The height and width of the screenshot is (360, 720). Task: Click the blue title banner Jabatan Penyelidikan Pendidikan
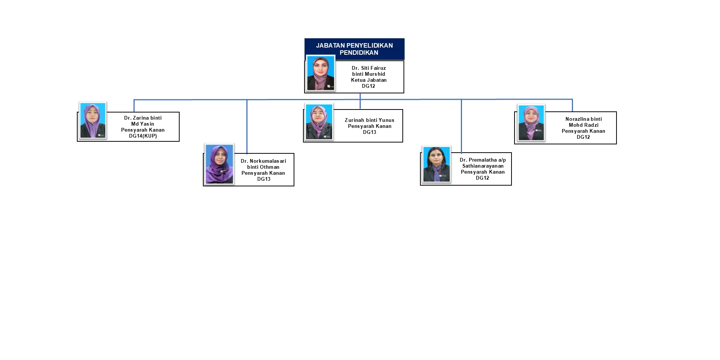coord(354,49)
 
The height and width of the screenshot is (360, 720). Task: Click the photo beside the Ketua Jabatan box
coord(321,73)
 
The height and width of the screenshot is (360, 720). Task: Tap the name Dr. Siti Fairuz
coord(369,68)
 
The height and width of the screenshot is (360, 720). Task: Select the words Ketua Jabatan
coord(369,80)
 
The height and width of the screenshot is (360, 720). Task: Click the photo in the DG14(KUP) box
coord(93,120)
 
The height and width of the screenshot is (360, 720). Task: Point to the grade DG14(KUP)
coord(143,136)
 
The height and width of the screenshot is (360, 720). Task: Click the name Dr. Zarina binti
coord(143,118)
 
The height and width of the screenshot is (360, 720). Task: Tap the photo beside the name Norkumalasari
coord(219,164)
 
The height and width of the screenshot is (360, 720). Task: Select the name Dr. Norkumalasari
coord(263,161)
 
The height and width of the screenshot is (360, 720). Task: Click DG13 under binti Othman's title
coord(264,179)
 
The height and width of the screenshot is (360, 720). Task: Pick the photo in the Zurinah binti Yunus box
coord(319,122)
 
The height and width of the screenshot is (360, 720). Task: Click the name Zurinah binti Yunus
coord(369,120)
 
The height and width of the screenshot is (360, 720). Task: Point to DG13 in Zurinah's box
coord(369,132)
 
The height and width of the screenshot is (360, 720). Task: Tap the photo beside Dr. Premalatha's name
coord(436,164)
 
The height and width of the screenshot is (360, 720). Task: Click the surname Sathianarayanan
coord(483,166)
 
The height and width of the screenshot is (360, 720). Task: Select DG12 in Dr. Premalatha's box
coord(482,178)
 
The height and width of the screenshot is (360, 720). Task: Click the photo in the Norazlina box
coord(531,123)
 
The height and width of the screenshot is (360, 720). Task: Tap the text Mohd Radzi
coord(583,125)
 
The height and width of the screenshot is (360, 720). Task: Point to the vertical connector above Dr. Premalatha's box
coord(461,126)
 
